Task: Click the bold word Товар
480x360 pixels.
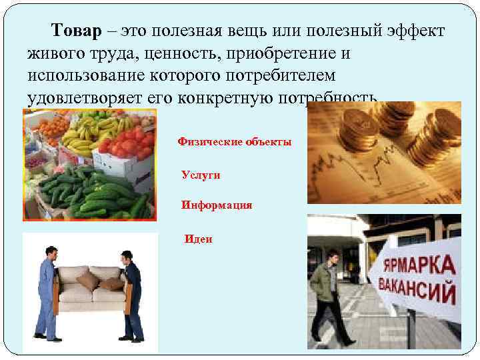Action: (76, 32)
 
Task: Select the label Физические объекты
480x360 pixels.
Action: (234, 142)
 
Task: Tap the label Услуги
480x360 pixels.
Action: (201, 175)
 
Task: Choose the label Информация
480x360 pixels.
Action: (217, 205)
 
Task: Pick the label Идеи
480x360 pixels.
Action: (199, 239)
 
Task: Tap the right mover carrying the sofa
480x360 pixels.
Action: (132, 294)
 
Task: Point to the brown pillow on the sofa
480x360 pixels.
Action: (89, 281)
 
